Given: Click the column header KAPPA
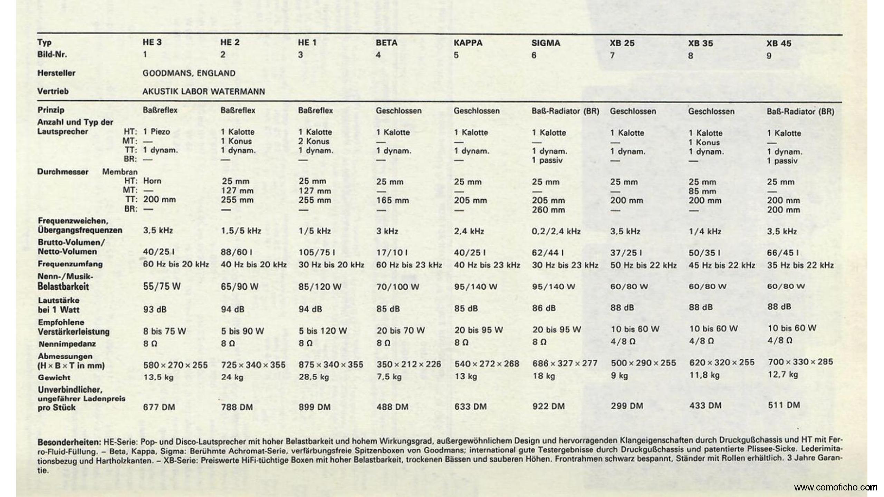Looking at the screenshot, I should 468,43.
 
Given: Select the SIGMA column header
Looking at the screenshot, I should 546,43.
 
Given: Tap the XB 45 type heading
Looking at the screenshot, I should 779,43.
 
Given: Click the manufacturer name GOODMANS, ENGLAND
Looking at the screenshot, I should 189,73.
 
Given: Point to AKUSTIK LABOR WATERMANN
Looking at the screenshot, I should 204,91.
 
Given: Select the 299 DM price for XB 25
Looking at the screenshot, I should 627,406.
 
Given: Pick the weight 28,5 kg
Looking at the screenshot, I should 314,377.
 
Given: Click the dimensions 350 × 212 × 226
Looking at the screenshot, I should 409,364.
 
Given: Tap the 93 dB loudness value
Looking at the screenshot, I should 155,309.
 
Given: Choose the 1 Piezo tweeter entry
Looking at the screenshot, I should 156,132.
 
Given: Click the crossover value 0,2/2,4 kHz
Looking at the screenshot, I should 556,231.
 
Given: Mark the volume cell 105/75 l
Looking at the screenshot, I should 317,252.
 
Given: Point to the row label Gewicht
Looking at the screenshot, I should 54,378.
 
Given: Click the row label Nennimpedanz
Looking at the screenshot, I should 67,344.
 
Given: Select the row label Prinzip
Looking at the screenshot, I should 51,110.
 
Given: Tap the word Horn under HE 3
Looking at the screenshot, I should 152,181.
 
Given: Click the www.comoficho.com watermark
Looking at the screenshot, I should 835,487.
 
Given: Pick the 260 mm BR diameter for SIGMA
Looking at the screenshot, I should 548,209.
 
